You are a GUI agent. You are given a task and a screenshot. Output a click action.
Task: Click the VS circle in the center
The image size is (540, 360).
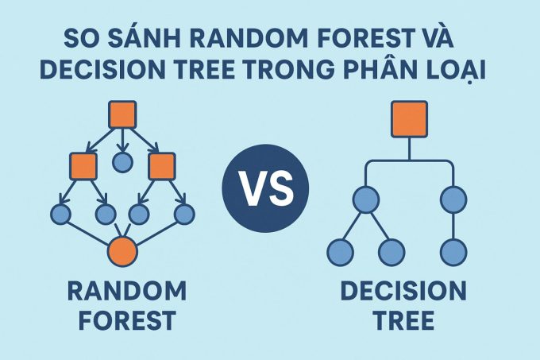tap(265, 188)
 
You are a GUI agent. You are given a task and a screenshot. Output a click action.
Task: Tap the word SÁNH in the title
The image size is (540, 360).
tap(144, 38)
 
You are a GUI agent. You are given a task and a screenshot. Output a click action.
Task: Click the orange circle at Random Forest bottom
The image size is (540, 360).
tap(122, 251)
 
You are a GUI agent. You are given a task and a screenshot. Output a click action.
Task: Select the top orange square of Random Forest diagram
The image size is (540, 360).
tap(122, 114)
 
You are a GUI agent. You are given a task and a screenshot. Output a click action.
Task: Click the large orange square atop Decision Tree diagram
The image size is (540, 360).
tap(410, 119)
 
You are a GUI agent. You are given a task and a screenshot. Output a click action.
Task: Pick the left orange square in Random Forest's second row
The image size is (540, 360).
tap(83, 166)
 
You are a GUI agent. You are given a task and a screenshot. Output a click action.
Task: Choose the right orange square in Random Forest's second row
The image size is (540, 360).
tap(161, 166)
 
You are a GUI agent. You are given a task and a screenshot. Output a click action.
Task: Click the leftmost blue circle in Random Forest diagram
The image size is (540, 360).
tap(60, 215)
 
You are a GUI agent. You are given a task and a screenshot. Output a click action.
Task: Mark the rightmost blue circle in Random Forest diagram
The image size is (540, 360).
tap(184, 215)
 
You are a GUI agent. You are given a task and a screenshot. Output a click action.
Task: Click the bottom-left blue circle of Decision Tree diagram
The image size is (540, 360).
tap(340, 252)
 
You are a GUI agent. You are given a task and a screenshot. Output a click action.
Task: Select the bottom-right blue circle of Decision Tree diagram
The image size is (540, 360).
tap(453, 252)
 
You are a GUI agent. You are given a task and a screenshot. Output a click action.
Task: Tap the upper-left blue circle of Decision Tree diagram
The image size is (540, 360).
tap(366, 199)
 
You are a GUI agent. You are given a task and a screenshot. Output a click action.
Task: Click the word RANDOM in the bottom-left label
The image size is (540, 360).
tap(127, 291)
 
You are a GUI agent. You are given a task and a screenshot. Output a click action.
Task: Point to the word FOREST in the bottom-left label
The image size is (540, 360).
tap(127, 320)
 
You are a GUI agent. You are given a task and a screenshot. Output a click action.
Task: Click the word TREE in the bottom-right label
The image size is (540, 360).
tap(403, 320)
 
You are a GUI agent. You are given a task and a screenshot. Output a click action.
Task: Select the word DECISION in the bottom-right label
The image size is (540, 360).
tap(403, 291)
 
